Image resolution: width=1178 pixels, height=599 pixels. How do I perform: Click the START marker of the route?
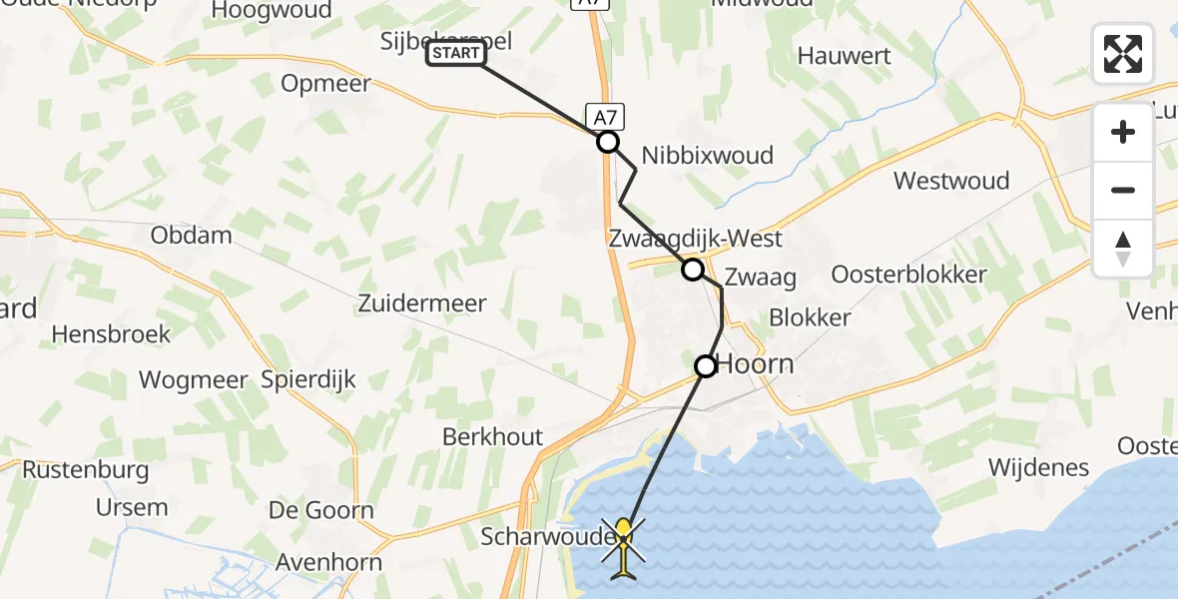coord(456,53)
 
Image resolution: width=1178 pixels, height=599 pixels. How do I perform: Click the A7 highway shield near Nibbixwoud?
coord(607,118)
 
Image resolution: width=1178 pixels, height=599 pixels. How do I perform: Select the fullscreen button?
coord(1123,54)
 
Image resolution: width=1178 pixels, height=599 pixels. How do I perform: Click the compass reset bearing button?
coord(1123,249)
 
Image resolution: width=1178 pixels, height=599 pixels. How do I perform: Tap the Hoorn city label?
coord(756,364)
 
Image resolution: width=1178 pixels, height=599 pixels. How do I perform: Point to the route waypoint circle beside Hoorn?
coord(706,366)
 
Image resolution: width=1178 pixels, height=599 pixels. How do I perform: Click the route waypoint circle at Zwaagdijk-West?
coord(692,270)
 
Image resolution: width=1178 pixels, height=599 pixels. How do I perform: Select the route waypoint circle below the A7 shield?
coord(608,142)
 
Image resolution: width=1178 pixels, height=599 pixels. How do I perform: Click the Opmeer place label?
coord(325,84)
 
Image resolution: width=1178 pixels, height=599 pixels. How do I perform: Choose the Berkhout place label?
coord(493,436)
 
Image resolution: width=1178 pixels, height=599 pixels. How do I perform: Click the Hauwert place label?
coord(844,56)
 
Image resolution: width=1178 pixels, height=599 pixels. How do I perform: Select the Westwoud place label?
coord(951,181)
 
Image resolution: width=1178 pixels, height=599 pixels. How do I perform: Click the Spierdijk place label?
coord(308,379)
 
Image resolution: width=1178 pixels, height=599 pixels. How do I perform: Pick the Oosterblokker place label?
coord(908,275)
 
